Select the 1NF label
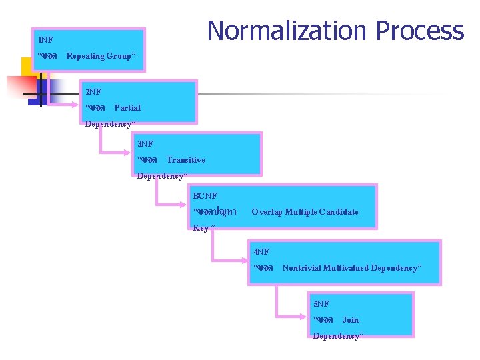(46, 40)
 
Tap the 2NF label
(93, 91)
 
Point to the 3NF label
(145, 143)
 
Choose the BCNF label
(205, 195)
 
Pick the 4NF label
(261, 251)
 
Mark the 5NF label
(321, 303)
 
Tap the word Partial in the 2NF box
(127, 107)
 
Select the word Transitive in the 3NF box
(185, 160)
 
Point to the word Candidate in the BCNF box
(338, 212)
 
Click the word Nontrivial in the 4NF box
(301, 268)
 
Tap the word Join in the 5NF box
(350, 320)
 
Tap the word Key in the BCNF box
(200, 228)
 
